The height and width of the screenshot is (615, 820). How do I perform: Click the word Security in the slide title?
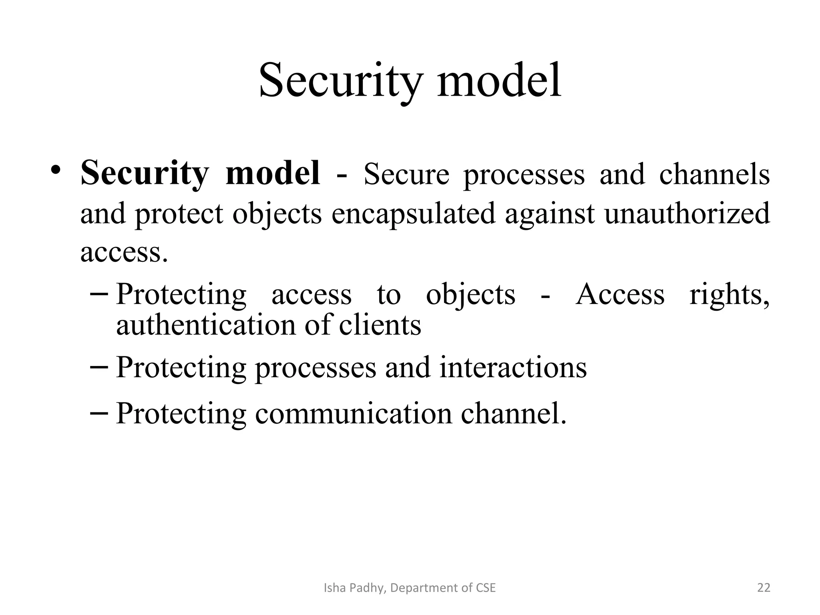click(x=340, y=81)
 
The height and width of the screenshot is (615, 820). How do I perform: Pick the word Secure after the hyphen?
click(x=406, y=175)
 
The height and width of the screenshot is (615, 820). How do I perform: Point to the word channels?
click(x=714, y=175)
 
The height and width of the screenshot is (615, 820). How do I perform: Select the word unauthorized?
click(x=687, y=213)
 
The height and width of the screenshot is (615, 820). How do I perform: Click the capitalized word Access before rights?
click(x=620, y=295)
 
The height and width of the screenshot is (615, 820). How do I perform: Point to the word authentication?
click(x=205, y=325)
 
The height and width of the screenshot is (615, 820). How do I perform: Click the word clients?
click(x=380, y=325)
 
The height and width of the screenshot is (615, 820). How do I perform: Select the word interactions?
click(x=513, y=367)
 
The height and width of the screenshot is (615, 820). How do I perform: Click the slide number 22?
click(x=764, y=588)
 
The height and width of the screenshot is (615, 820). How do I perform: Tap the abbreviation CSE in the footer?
click(x=486, y=588)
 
